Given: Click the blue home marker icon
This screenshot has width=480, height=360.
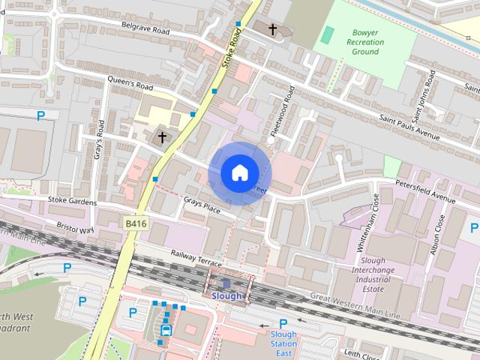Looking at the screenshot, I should click(238, 173).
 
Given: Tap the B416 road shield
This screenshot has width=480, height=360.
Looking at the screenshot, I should click(136, 223).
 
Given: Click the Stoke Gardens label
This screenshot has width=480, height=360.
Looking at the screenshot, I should click(72, 202).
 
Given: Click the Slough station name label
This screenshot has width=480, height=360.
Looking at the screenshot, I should click(227, 296).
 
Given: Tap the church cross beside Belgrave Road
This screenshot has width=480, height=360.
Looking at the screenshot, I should click(272, 30).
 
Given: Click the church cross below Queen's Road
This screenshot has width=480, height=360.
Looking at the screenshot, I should click(162, 136).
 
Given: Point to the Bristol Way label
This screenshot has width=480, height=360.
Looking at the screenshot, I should click(74, 227).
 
